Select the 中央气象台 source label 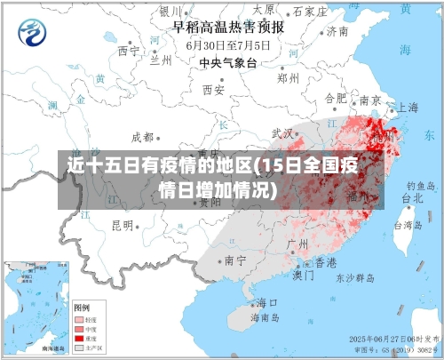[x=227, y=62]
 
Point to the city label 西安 [x=213, y=90]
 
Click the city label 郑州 [x=289, y=77]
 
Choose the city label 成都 [x=142, y=137]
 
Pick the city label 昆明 [x=122, y=225]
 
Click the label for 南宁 [x=235, y=260]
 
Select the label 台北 [x=413, y=199]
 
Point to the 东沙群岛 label [x=354, y=277]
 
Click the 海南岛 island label [x=265, y=317]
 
